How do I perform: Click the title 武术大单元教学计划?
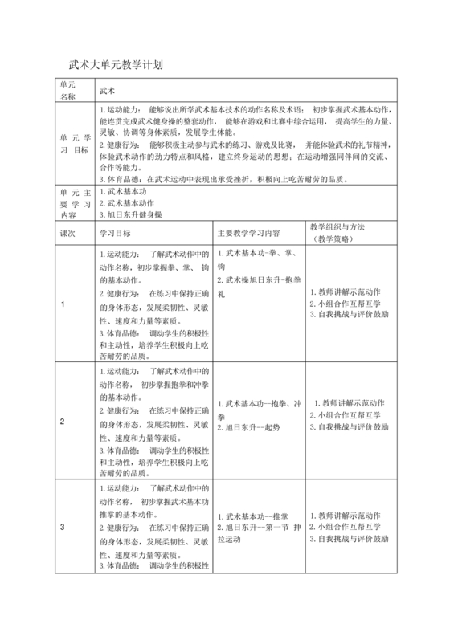pos(117,64)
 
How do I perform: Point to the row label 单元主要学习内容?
pos(71,204)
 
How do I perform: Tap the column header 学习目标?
pos(116,234)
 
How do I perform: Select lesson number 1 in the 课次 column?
pos(63,304)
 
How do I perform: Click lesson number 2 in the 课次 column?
pos(63,421)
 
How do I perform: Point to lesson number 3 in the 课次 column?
pos(63,527)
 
